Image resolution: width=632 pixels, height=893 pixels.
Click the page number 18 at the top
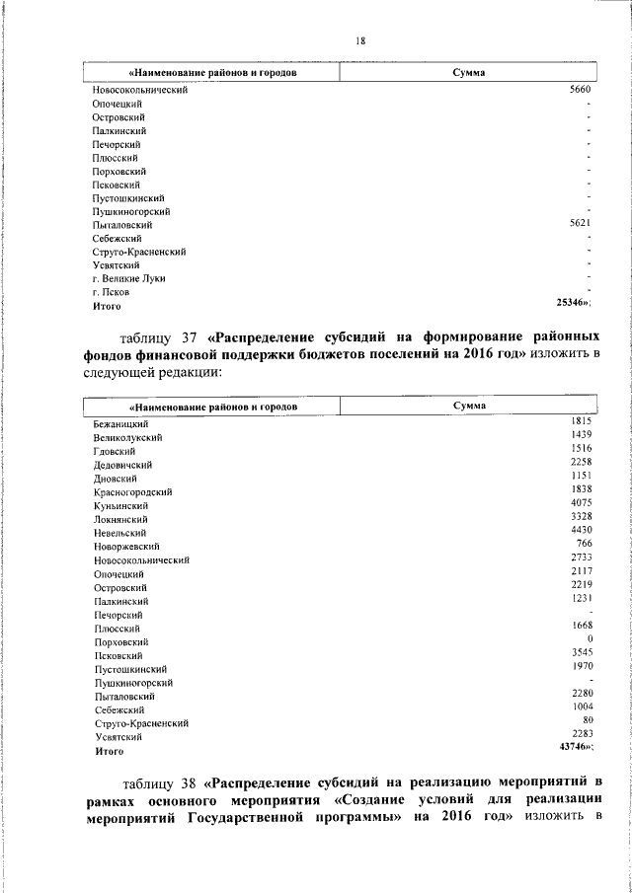pyautogui.click(x=360, y=40)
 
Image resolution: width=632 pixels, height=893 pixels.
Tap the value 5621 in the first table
pyautogui.click(x=580, y=224)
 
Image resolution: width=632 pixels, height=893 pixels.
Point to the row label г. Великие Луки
pyautogui.click(x=128, y=278)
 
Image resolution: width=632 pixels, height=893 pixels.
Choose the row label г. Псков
pyautogui.click(x=111, y=293)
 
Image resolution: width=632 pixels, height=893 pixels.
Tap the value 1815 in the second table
pyautogui.click(x=581, y=421)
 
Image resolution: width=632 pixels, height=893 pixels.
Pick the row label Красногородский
pyautogui.click(x=133, y=491)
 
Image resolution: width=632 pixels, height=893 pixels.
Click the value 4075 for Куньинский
pyautogui.click(x=581, y=502)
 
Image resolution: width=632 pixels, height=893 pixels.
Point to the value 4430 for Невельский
pyautogui.click(x=581, y=530)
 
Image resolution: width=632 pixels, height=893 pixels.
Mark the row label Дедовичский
pyautogui.click(x=122, y=464)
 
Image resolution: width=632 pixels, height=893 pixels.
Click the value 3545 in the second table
pyautogui.click(x=581, y=653)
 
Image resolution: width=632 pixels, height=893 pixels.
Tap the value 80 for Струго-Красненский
pyautogui.click(x=587, y=721)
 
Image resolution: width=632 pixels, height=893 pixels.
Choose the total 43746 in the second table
pyautogui.click(x=575, y=748)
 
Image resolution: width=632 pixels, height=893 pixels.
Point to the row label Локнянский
pyautogui.click(x=120, y=518)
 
